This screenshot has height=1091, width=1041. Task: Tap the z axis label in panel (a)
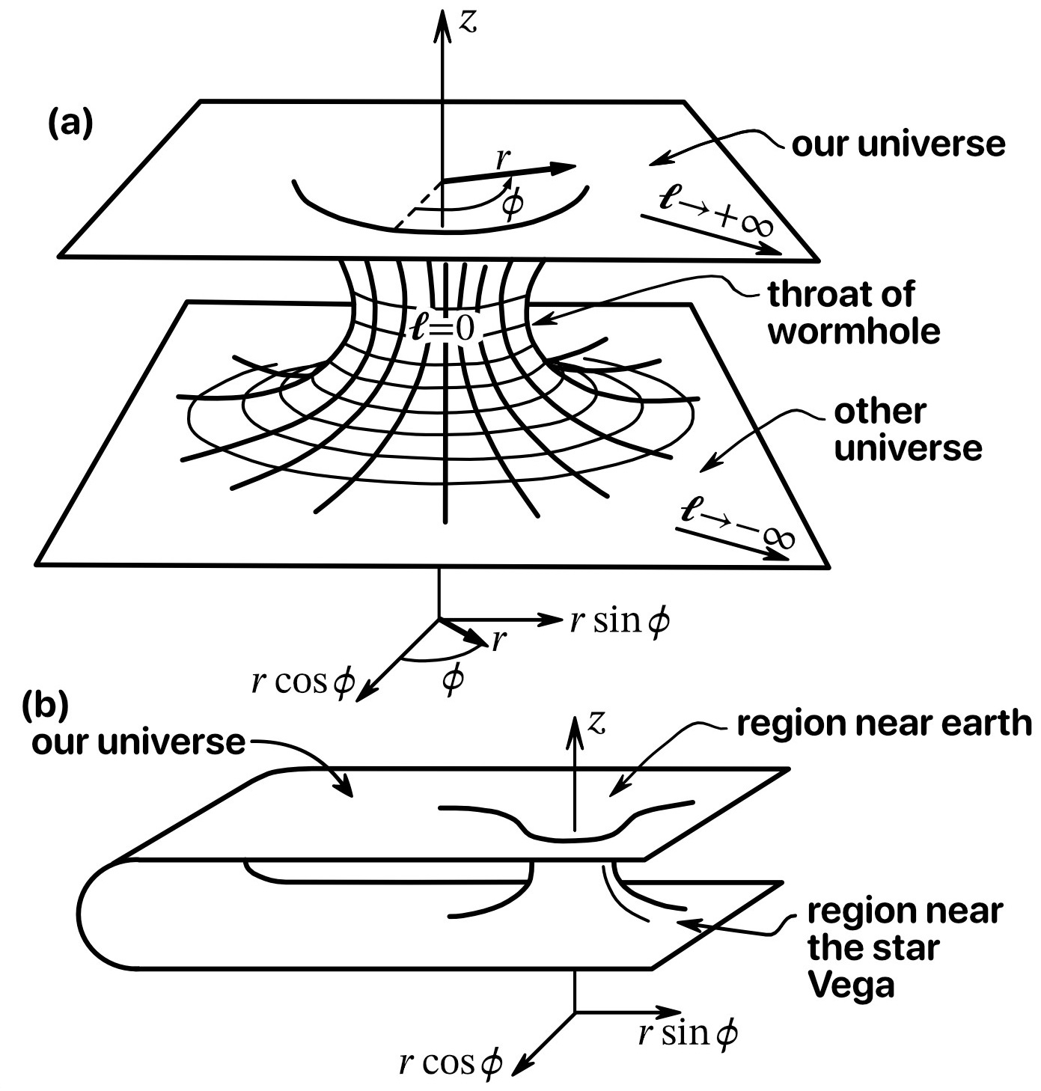point(468,22)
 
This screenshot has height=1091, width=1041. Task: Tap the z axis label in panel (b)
point(596,722)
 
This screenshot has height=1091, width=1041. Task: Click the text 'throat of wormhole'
point(853,312)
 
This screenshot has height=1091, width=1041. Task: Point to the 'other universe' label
point(906,430)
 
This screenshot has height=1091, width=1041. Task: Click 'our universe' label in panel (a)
point(898,144)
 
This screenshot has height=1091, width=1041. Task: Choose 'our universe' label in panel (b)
point(138,742)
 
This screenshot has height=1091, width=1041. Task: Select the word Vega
point(852,986)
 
